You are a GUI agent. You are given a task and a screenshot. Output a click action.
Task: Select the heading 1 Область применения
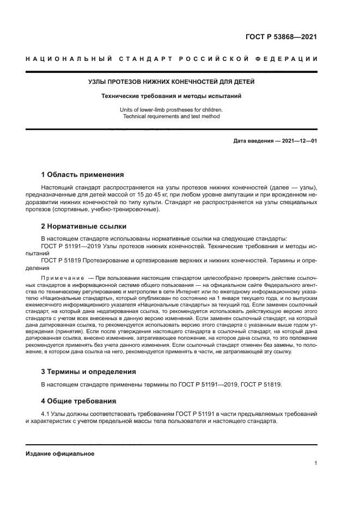(82, 175)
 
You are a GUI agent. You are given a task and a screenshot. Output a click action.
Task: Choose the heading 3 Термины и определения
(89, 371)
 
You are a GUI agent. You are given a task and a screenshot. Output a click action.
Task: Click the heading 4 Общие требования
(79, 401)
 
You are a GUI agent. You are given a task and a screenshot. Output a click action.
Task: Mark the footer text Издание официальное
(60, 453)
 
